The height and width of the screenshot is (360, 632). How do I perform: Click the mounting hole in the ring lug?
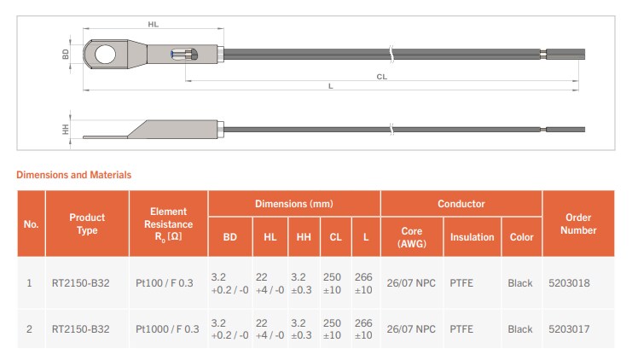105,54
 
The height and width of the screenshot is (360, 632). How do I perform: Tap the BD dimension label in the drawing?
67,54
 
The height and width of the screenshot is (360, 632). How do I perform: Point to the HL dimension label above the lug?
154,25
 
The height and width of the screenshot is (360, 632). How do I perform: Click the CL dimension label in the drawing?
381,76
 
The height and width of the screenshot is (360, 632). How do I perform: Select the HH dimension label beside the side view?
66,130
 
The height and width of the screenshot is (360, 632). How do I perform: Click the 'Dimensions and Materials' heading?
74,175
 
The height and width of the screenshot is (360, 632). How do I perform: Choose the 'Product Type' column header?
87,224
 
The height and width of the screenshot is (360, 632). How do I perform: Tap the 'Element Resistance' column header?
168,224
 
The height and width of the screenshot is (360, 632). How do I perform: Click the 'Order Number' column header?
577,224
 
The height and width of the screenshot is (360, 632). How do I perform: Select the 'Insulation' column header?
472,237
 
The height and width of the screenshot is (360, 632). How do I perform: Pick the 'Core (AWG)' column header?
411,237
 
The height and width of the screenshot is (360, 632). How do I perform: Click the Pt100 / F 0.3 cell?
167,282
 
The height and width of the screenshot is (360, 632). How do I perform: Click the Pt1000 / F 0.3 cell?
167,329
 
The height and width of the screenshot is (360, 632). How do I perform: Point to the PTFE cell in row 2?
461,329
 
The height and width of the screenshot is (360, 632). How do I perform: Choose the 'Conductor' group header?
461,204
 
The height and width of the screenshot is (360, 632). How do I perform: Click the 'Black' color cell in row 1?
519,282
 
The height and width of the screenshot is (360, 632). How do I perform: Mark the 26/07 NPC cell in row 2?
411,329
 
